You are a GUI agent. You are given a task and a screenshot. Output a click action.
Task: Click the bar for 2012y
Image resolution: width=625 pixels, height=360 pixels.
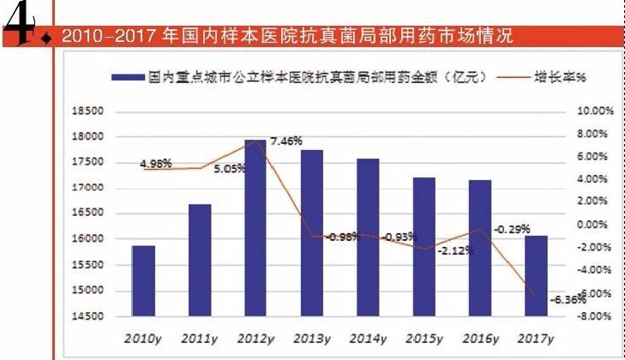[254, 228]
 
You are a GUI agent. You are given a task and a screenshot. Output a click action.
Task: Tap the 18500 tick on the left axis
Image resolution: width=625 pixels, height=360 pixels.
[88, 111]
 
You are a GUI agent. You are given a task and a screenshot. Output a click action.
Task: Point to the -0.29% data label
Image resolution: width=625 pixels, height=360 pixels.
[510, 230]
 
